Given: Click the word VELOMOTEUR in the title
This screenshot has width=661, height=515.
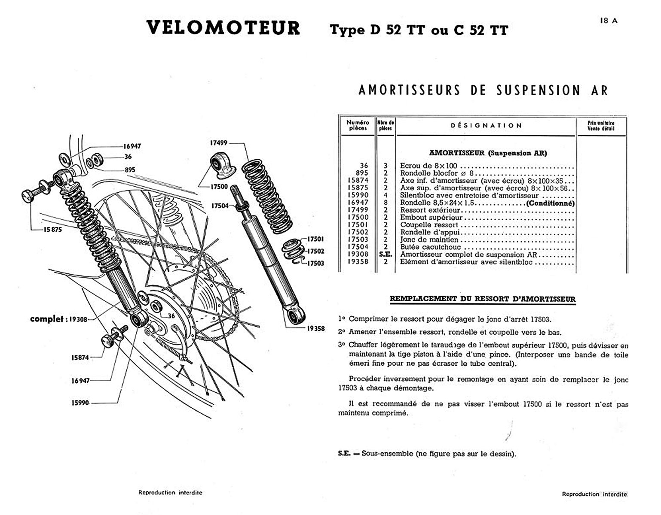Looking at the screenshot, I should pyautogui.click(x=223, y=28).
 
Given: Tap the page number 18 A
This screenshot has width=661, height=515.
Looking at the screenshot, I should pyautogui.click(x=609, y=21).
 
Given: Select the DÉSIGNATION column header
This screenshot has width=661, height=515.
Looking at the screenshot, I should pyautogui.click(x=486, y=126).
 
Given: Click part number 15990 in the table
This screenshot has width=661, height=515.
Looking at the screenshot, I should pyautogui.click(x=358, y=195).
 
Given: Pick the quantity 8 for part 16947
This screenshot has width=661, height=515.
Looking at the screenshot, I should pyautogui.click(x=386, y=203).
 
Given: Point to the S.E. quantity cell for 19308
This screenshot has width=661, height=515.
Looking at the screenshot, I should pyautogui.click(x=386, y=254).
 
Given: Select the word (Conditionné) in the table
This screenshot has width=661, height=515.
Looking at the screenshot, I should pyautogui.click(x=550, y=203).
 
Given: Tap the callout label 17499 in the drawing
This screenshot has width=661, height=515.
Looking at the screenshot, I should pyautogui.click(x=219, y=143).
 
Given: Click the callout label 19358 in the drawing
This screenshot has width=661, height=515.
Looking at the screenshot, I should pyautogui.click(x=316, y=329).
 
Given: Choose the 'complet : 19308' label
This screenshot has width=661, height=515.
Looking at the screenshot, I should pyautogui.click(x=59, y=319).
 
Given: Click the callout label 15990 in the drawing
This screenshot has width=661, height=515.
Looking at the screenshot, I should pyautogui.click(x=80, y=403).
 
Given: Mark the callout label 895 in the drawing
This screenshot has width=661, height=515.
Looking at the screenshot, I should pyautogui.click(x=130, y=170).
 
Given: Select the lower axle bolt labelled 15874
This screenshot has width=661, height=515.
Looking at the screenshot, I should pyautogui.click(x=113, y=337).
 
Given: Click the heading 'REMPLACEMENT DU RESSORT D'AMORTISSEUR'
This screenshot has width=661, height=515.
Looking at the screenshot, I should pyautogui.click(x=482, y=299).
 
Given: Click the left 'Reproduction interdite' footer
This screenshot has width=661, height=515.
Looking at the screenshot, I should pyautogui.click(x=170, y=493).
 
